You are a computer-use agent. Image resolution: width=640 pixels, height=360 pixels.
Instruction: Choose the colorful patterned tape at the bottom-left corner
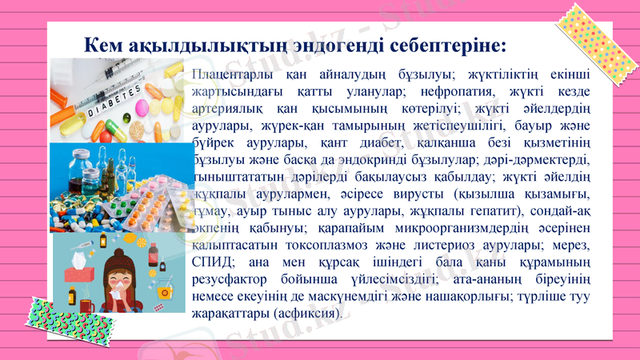[32, 320]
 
